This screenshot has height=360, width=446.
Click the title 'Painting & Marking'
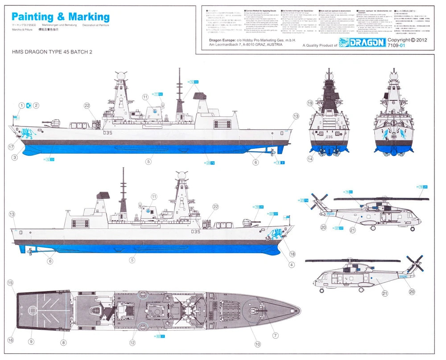point(61,17)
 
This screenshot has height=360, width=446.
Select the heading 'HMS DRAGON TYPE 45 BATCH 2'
point(53,52)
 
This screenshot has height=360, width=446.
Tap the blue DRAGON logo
point(362,43)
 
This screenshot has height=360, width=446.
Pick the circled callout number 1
point(21,106)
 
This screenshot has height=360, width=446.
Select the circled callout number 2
point(37,106)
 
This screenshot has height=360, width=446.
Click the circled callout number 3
point(15,157)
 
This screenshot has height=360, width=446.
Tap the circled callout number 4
point(291,265)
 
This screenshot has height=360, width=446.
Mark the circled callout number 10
point(257,344)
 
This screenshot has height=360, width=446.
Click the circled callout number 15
point(10,282)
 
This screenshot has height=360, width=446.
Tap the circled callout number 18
point(292,254)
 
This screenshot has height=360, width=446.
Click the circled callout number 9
point(31,342)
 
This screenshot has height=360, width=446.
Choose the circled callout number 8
point(64,342)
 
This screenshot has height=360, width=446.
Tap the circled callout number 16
point(10,340)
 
